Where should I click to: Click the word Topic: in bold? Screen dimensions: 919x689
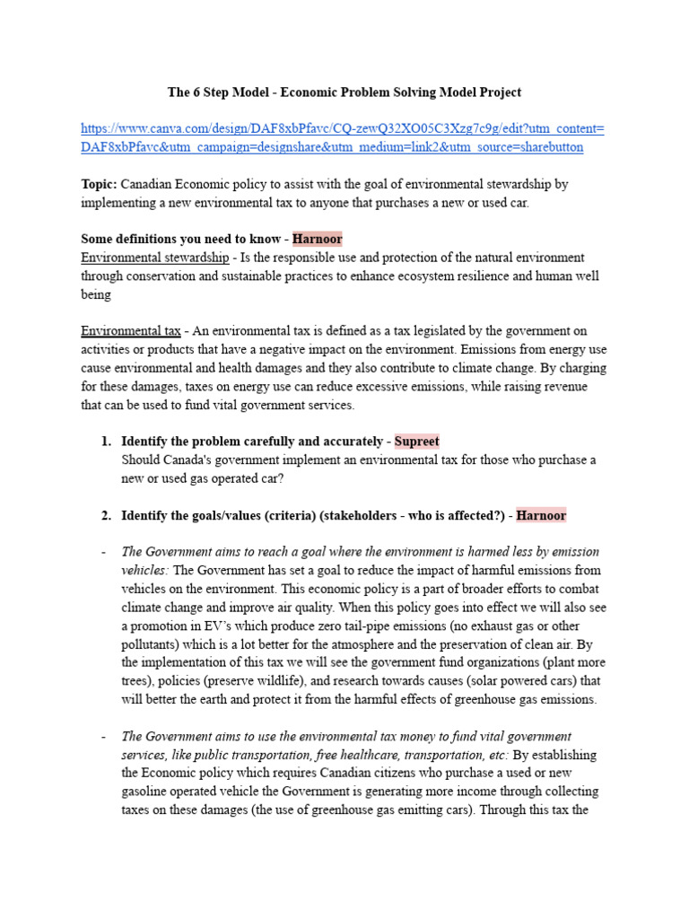(99, 184)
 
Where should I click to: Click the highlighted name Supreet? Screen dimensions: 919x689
(416, 441)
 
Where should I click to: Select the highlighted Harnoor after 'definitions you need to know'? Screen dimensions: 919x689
(317, 239)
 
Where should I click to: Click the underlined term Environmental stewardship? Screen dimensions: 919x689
(155, 258)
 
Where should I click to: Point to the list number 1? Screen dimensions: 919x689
(106, 441)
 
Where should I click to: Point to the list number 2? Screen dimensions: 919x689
(106, 515)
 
